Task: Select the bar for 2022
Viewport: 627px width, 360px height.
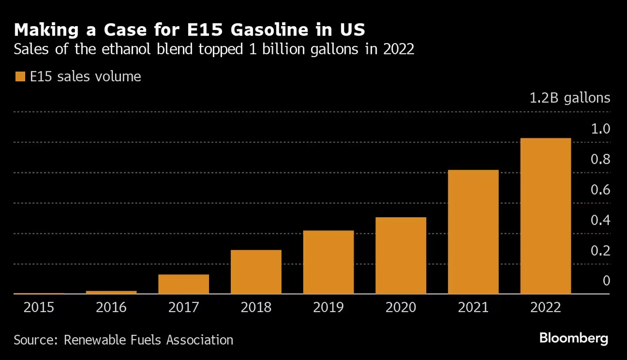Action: pyautogui.click(x=546, y=216)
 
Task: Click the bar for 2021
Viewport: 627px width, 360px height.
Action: pyautogui.click(x=473, y=232)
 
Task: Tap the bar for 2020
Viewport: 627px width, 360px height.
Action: pyautogui.click(x=401, y=256)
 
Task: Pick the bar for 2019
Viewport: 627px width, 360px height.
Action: pyautogui.click(x=328, y=262)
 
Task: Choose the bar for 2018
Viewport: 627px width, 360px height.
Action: pyautogui.click(x=256, y=272)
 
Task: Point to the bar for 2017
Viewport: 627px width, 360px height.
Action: pyautogui.click(x=184, y=284)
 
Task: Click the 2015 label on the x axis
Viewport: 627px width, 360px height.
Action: pyautogui.click(x=39, y=308)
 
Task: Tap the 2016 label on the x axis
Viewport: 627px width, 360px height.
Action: pyautogui.click(x=111, y=308)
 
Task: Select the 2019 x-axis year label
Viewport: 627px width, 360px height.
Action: pyautogui.click(x=328, y=308)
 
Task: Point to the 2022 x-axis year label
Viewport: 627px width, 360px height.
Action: pyautogui.click(x=546, y=308)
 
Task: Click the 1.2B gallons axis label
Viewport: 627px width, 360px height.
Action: pyautogui.click(x=570, y=98)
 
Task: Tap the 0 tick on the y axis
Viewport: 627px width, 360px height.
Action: pyautogui.click(x=606, y=281)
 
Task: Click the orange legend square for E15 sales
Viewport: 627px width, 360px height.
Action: pyautogui.click(x=20, y=77)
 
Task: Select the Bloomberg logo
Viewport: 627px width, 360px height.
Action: pyautogui.click(x=573, y=338)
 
